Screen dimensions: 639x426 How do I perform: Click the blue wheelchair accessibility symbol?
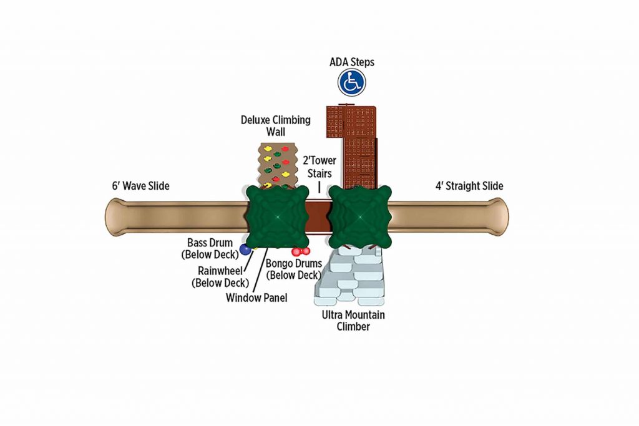(x=352, y=82)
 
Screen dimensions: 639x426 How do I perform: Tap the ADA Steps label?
(x=352, y=62)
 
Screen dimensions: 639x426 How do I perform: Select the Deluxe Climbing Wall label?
(x=275, y=125)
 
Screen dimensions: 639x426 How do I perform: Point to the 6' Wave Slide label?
(x=140, y=186)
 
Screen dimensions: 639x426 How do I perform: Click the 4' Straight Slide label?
(x=469, y=186)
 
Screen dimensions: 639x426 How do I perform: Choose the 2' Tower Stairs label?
(x=319, y=167)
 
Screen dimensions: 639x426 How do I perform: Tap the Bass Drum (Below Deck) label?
(x=210, y=248)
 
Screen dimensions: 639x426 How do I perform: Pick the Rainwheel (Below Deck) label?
(x=220, y=276)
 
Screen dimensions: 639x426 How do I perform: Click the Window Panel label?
(x=256, y=298)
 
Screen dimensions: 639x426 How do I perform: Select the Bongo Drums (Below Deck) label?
(x=294, y=269)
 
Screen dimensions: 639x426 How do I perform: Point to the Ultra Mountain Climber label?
(x=353, y=321)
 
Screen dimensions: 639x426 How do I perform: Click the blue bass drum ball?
(x=245, y=249)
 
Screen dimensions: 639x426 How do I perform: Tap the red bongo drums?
(x=301, y=252)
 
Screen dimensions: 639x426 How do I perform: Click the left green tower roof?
(x=278, y=216)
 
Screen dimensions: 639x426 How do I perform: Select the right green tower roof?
(x=360, y=216)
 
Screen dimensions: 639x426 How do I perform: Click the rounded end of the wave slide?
(x=115, y=217)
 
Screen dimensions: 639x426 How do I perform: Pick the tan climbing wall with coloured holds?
(x=278, y=165)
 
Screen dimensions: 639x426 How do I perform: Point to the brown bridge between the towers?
(x=319, y=216)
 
